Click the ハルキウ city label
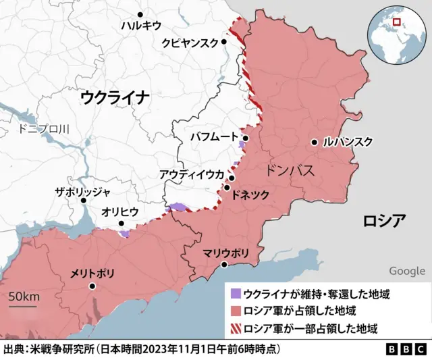(140, 26)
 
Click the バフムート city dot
(246, 138)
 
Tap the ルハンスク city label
(348, 142)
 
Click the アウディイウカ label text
(191, 174)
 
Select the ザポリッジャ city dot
(83, 200)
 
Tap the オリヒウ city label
(120, 211)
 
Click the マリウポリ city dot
(225, 264)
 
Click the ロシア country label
(384, 221)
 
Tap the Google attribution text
(406, 271)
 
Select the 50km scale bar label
(24, 297)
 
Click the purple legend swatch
(236, 294)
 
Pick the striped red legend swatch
(236, 329)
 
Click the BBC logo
(406, 350)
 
